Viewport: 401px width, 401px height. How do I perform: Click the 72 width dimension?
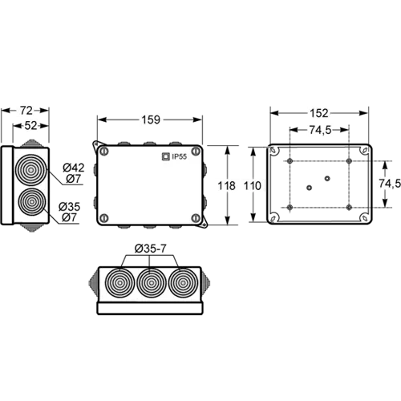coord(26,111)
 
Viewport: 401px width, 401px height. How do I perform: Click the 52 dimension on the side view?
coord(30,125)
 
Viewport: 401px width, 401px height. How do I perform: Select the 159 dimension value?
coord(151,119)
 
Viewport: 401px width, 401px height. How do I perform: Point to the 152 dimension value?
coord(319,113)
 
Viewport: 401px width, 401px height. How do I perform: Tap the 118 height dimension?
coord(226,185)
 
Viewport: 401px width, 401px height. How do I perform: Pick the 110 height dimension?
coord(252,185)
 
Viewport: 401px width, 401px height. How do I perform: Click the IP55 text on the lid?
coord(180,156)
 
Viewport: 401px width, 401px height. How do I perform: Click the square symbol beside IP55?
coord(166,156)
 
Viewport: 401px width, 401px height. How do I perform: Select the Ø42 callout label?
coord(74,168)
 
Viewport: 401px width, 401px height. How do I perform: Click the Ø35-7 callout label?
coord(150,249)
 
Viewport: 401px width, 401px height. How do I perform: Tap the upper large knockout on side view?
coord(31,170)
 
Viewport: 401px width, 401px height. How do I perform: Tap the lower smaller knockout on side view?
coord(32,202)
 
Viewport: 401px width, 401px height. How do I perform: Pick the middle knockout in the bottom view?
coord(152,282)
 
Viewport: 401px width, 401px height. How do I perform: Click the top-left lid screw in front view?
coord(103,152)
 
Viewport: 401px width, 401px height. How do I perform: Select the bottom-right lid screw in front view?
coord(196,218)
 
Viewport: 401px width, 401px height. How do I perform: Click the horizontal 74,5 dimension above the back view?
coord(320,130)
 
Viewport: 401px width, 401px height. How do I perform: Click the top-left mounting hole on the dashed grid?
coord(290,161)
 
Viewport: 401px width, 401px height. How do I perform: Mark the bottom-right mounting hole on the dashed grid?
coord(349,207)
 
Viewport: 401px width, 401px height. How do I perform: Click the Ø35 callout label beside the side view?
coord(70,207)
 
